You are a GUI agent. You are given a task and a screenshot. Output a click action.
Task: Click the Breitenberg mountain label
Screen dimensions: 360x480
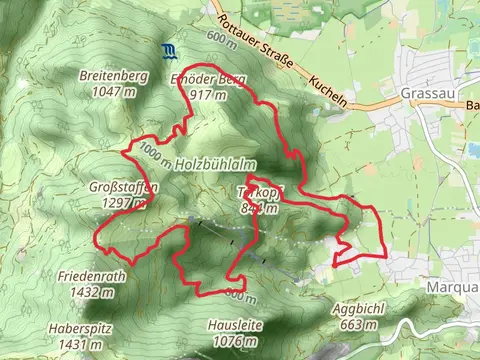coord(113,76)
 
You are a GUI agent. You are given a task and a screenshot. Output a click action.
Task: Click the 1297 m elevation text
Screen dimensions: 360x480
coord(124,202)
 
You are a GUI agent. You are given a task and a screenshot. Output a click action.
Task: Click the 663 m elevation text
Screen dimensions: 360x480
coord(363,325)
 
